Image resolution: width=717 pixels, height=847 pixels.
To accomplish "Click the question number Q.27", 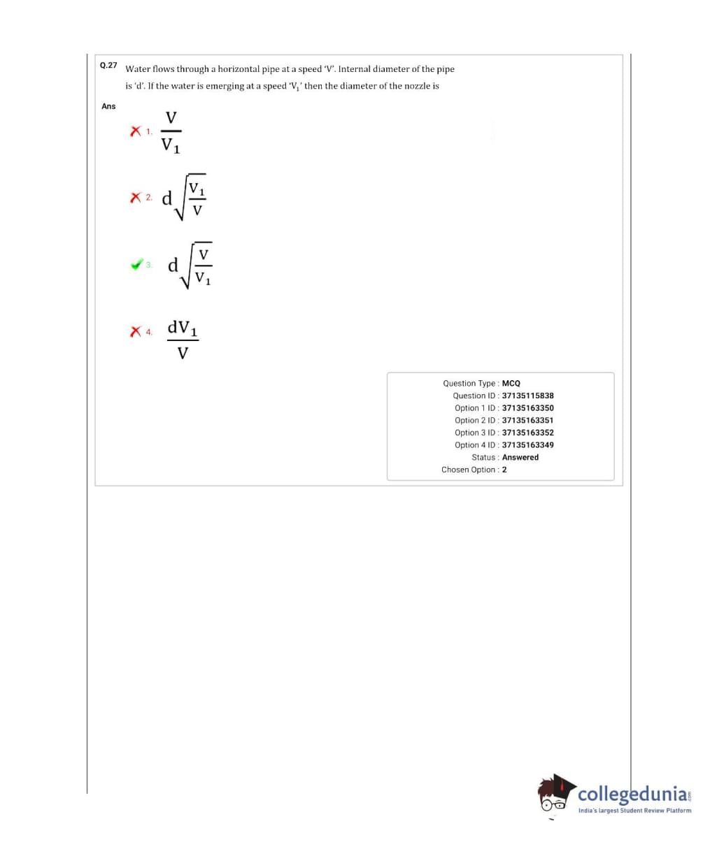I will (108, 65).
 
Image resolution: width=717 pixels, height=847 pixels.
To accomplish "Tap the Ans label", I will (108, 106).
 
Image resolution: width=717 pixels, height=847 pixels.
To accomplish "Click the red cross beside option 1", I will (136, 131).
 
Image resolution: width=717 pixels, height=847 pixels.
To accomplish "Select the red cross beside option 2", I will (136, 198).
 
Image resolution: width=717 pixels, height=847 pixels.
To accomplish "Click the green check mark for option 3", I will (137, 265).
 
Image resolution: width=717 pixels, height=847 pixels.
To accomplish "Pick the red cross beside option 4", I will (136, 331).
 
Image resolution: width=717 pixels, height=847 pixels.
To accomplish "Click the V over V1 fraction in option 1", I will (171, 131).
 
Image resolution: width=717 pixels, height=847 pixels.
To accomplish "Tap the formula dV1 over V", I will (183, 340).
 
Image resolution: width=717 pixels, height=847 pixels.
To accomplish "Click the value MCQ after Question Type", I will (511, 384).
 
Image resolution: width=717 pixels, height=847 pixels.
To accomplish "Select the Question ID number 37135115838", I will (527, 396).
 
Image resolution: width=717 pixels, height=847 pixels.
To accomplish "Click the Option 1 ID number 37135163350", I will (527, 408).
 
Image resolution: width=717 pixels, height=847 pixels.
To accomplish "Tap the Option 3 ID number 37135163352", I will (527, 433).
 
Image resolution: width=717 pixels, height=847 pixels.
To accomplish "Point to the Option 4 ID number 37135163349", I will (527, 445).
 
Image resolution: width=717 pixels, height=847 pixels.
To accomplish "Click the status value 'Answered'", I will (520, 458).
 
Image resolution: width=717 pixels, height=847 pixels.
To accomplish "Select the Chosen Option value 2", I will (504, 470).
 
